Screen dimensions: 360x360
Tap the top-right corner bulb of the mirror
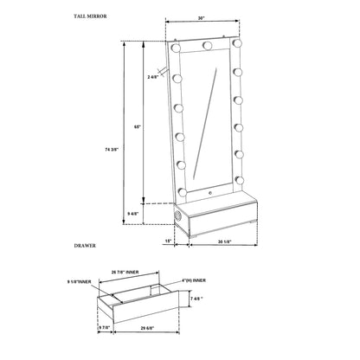click(x=235, y=40)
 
